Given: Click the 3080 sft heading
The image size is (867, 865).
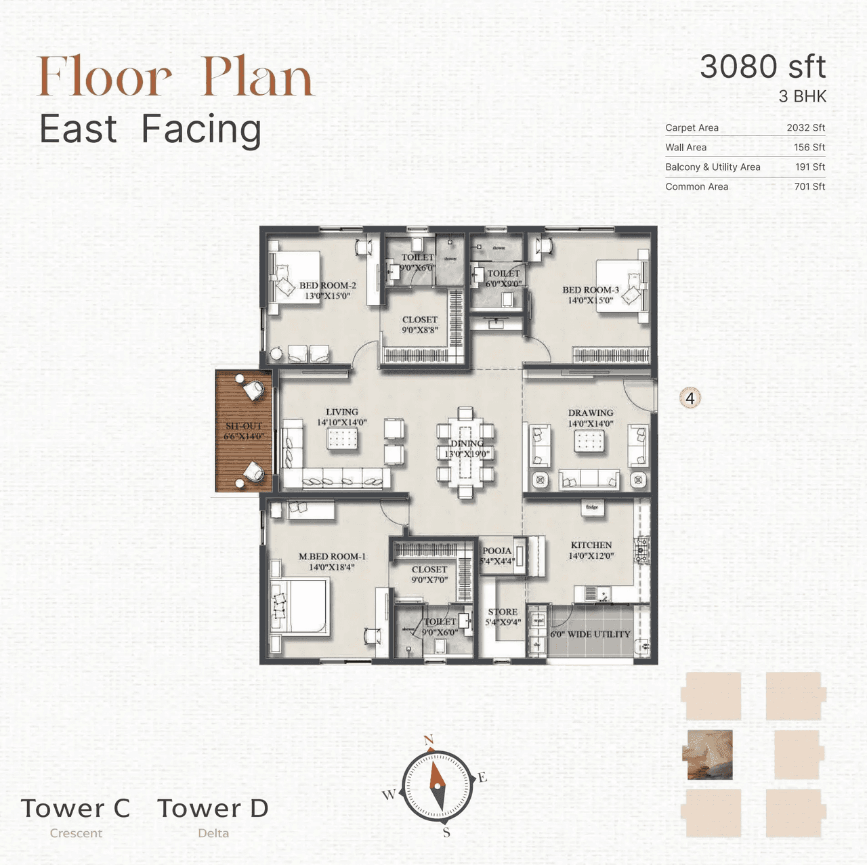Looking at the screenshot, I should click(762, 67).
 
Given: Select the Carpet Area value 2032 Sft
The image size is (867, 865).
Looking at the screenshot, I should click(805, 127).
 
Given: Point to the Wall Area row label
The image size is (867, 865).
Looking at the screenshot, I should click(685, 147).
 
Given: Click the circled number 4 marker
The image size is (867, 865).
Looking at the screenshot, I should click(690, 398).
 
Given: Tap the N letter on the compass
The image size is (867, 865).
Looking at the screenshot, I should click(428, 740).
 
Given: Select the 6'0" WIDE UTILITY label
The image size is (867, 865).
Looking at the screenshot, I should click(590, 634).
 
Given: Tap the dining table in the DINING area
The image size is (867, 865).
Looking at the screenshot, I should click(465, 452).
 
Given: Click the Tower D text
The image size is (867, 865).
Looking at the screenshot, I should click(213, 808).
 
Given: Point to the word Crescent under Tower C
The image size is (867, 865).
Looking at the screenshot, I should click(76, 833).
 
